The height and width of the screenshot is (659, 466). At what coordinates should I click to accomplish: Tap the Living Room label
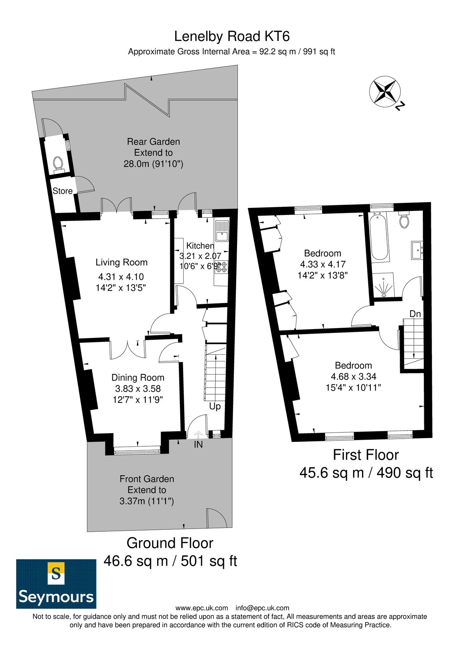[122, 262]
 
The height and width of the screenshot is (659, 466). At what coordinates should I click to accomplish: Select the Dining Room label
[138, 377]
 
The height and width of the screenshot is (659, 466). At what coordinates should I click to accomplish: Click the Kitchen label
[200, 246]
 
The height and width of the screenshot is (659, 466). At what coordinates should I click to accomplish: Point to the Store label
[63, 191]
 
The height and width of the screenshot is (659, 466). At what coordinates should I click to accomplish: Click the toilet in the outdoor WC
[59, 164]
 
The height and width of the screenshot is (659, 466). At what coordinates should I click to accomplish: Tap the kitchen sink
[222, 231]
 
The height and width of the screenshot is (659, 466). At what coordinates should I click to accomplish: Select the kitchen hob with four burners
[222, 267]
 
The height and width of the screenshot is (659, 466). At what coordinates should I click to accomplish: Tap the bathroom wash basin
[417, 250]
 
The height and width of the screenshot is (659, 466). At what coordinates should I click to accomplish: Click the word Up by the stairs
[215, 406]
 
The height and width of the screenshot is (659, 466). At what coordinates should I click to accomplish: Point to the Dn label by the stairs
[415, 314]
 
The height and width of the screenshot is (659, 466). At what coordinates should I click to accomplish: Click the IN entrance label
[198, 444]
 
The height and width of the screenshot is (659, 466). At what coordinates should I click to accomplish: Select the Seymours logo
[56, 584]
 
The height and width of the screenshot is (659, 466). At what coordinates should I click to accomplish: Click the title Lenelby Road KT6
[232, 36]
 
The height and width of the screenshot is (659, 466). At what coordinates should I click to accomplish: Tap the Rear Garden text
[154, 141]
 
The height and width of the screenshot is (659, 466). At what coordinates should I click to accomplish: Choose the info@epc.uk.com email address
[262, 608]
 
